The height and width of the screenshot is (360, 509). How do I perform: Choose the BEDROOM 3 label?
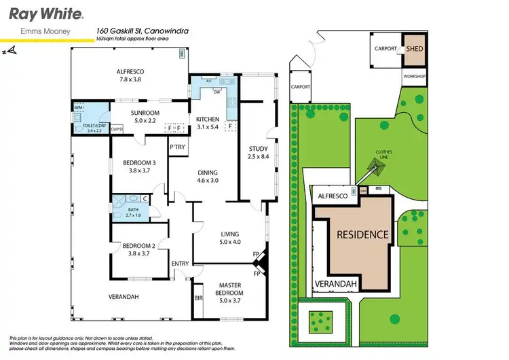point(140,163)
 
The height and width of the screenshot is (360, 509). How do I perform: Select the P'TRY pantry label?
point(178,148)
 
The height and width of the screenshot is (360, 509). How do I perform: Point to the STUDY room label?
point(258,149)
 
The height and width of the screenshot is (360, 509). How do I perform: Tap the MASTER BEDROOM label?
point(230,289)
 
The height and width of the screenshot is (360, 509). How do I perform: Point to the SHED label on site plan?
point(414,50)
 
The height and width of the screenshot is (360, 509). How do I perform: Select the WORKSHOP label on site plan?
point(414,76)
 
